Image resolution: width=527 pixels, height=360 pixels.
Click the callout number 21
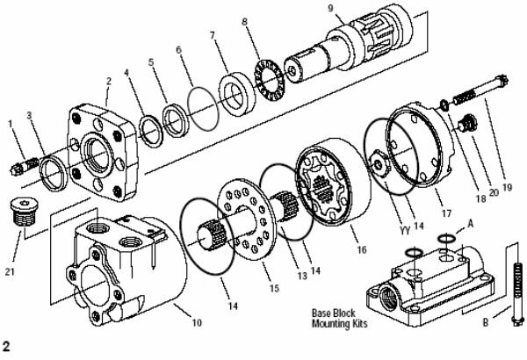pos(10,271)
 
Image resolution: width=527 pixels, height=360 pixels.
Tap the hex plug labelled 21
pos(25,212)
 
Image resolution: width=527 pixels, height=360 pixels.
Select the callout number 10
pos(197,322)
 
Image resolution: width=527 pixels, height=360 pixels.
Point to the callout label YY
pos(405,230)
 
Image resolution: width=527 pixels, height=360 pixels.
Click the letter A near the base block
pos(470,224)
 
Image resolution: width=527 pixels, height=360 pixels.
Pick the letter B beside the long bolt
pos(486,323)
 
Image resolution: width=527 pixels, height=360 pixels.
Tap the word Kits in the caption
pos(359,324)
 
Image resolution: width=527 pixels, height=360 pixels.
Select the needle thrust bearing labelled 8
pos(269,80)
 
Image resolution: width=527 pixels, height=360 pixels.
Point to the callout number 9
pos(331,8)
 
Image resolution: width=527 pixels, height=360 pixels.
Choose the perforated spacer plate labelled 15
pos(247,220)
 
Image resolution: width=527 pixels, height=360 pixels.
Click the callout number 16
pos(361,249)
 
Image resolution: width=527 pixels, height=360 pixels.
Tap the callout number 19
pos(507,187)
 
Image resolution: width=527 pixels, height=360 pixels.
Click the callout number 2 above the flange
pos(109,81)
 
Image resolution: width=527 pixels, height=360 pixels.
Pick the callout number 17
pos(446,213)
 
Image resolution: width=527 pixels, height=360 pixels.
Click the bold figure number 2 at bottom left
pos(6,346)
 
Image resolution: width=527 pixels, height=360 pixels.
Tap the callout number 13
pos(302,276)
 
